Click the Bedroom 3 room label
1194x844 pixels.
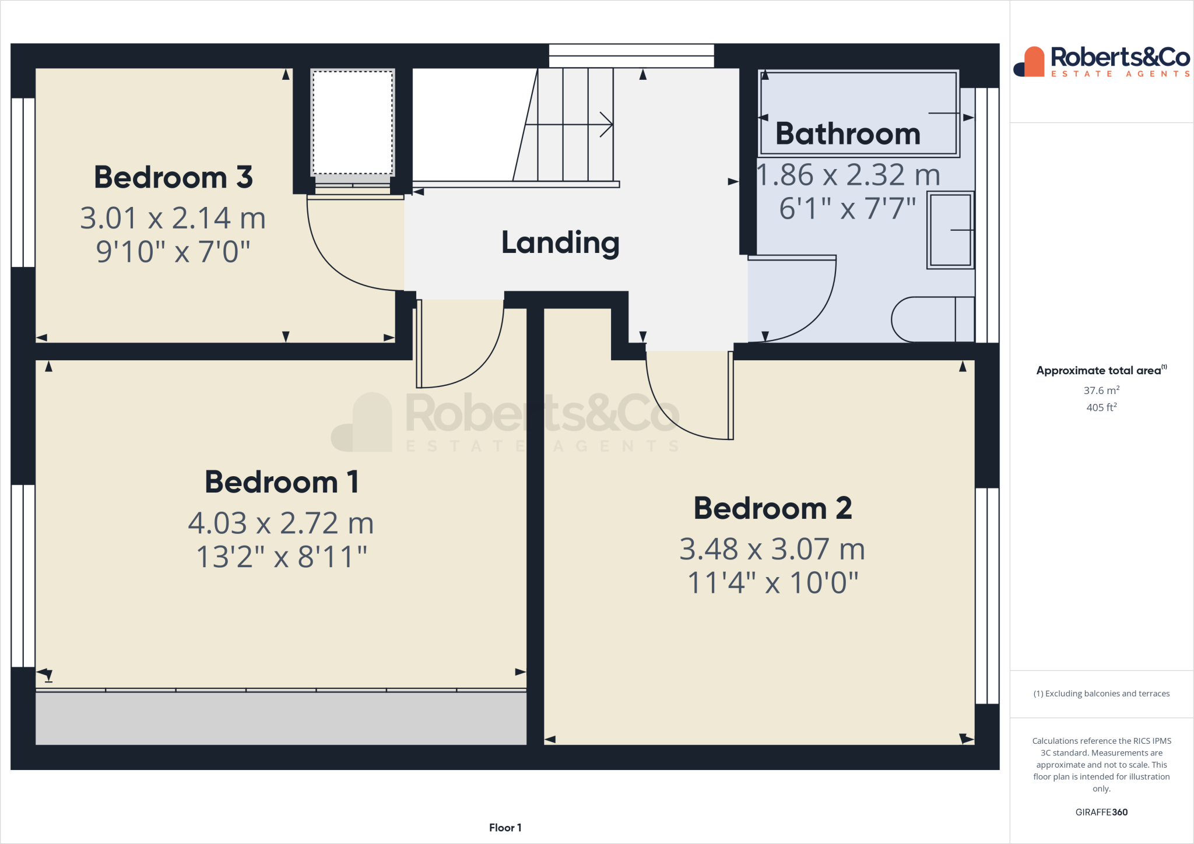click(x=173, y=177)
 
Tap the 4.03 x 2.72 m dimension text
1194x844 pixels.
click(x=280, y=523)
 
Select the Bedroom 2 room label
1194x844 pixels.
click(x=772, y=508)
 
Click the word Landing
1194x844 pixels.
click(x=560, y=242)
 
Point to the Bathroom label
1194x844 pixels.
click(x=848, y=134)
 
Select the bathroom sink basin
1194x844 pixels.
click(x=950, y=230)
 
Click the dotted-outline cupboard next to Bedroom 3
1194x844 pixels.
click(x=353, y=122)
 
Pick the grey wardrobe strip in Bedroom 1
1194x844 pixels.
click(x=280, y=718)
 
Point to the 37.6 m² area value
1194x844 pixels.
click(x=1101, y=391)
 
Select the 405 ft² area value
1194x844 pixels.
click(x=1101, y=407)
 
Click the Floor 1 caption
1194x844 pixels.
click(x=505, y=828)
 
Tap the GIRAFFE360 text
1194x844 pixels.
click(x=1101, y=812)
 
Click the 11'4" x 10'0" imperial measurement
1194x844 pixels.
click(x=772, y=582)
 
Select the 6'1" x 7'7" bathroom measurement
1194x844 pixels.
click(x=847, y=208)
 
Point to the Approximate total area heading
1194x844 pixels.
click(x=1101, y=370)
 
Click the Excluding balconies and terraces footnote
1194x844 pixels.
click(x=1101, y=694)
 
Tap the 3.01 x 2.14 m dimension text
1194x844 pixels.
click(x=173, y=218)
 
